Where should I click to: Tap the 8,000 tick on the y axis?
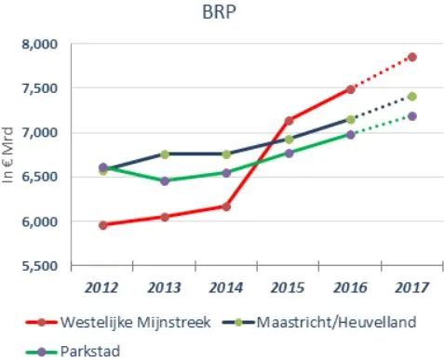click(40, 44)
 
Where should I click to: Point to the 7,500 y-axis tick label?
click(40, 88)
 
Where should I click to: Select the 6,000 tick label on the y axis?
click(40, 221)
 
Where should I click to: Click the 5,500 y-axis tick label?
click(40, 266)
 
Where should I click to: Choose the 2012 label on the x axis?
click(102, 286)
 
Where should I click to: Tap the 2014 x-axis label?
click(225, 286)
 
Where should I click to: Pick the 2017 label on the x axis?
click(410, 286)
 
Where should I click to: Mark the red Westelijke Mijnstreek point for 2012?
click(102, 225)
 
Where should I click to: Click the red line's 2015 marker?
click(289, 121)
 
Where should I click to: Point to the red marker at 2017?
click(411, 58)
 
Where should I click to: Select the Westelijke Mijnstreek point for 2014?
click(226, 207)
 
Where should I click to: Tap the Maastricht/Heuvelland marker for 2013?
click(165, 154)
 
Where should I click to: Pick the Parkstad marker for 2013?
click(165, 180)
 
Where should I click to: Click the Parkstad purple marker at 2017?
click(411, 116)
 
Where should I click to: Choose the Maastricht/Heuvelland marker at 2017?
click(411, 97)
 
